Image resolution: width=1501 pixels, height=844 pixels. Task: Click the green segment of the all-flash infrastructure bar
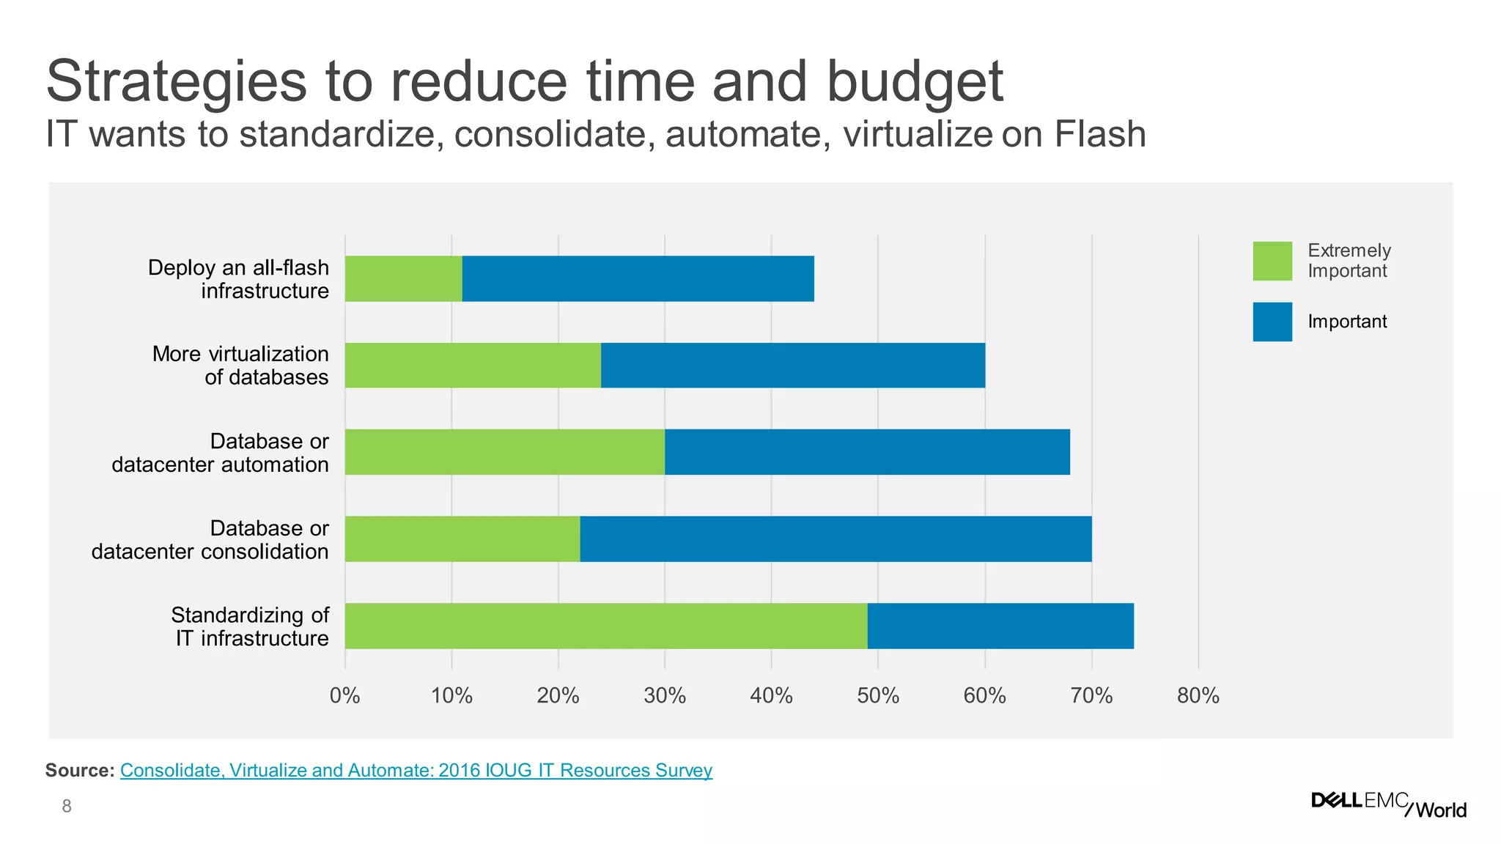403,278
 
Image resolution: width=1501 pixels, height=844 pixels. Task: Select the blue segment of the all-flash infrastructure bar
638,278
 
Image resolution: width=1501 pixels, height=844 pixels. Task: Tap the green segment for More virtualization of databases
473,365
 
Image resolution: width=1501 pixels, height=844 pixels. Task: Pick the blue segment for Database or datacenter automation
867,452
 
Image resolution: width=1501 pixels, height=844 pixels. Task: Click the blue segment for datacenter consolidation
836,538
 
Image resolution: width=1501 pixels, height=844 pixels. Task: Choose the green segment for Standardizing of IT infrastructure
606,626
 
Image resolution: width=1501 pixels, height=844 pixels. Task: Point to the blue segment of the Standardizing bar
1000,626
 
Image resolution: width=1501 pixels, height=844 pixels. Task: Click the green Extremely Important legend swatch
1272,261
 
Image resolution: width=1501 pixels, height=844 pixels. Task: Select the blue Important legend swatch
1272,322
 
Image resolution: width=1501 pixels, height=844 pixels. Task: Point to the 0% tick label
344,695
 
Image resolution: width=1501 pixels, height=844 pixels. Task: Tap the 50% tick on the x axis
878,695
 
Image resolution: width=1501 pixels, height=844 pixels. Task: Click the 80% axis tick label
1198,695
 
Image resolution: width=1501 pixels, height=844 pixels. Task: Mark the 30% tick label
665,695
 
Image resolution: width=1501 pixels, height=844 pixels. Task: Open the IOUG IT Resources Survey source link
416,770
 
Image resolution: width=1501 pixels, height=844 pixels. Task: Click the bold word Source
80,770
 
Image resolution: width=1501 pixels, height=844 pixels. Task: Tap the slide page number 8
67,807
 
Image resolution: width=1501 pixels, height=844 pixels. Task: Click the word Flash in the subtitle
1099,134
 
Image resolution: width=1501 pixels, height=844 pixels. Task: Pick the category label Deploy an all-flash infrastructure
238,279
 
